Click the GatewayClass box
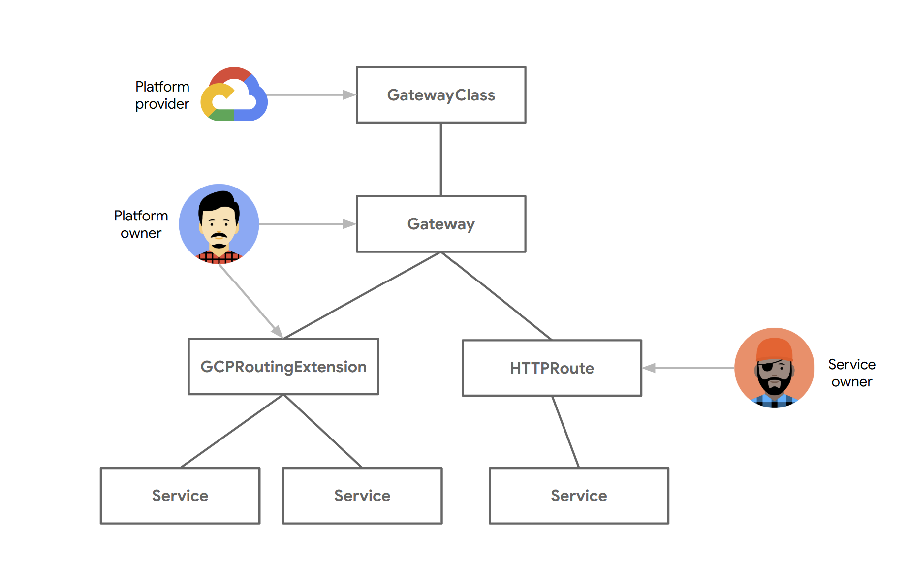441,95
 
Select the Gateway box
441,224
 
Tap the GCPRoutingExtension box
283,367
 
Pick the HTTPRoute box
552,368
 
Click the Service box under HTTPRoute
579,496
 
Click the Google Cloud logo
234,94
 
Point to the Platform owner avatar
219,224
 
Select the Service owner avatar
774,368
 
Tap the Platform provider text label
162,95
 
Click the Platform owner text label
141,224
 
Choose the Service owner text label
851,373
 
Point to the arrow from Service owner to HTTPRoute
689,368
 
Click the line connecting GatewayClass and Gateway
441,159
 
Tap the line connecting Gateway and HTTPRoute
496,295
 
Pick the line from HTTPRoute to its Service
565,432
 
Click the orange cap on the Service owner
774,349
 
